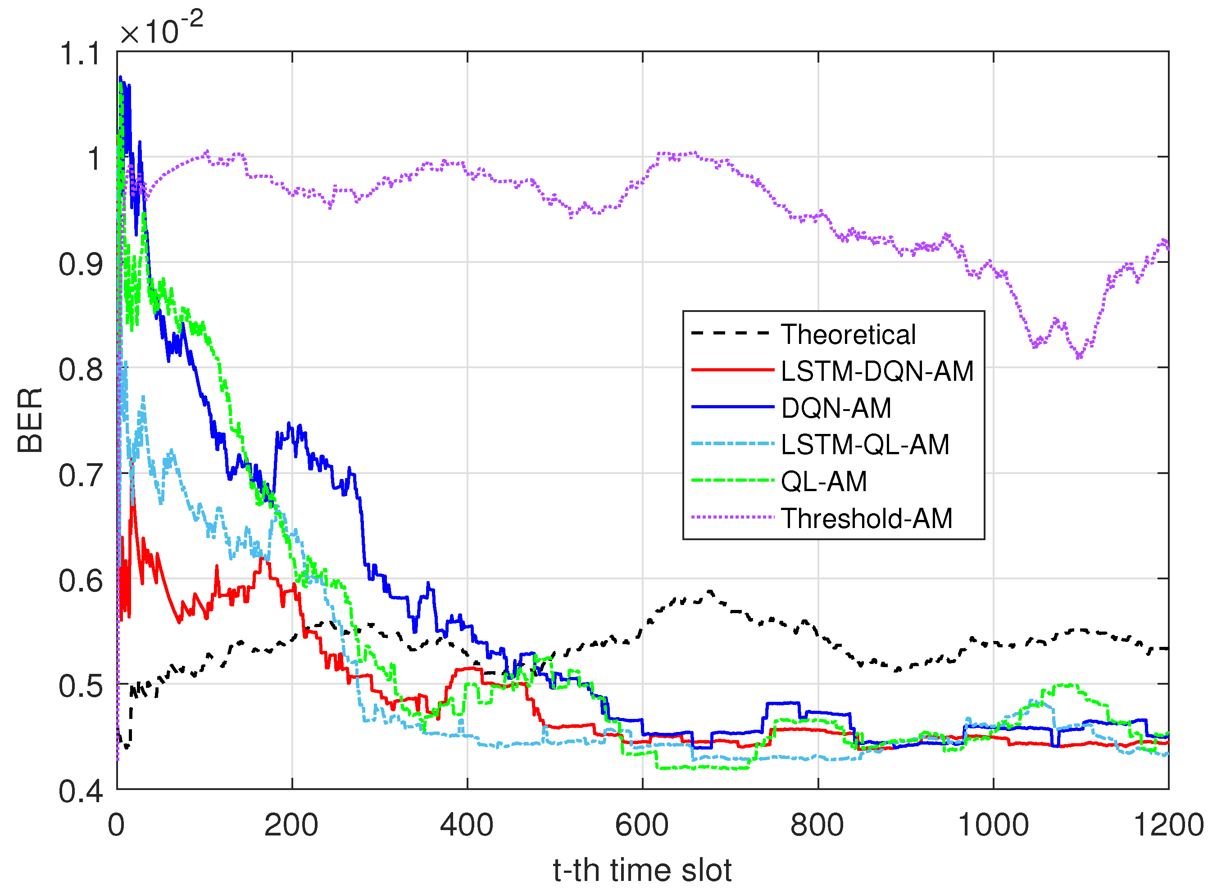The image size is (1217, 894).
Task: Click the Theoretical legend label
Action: pyautogui.click(x=848, y=334)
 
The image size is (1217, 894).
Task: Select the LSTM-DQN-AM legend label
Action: pyautogui.click(x=876, y=371)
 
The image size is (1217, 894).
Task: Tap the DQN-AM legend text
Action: pyautogui.click(x=836, y=408)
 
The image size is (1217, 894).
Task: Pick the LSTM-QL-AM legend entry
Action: pyautogui.click(x=865, y=445)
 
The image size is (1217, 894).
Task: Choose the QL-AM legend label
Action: pyautogui.click(x=823, y=482)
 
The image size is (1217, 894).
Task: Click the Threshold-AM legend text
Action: pyautogui.click(x=866, y=519)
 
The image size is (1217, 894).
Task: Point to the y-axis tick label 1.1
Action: pyautogui.click(x=80, y=54)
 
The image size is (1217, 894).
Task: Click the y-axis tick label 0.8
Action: pyautogui.click(x=80, y=370)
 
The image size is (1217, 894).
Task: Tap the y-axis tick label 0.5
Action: pyautogui.click(x=80, y=686)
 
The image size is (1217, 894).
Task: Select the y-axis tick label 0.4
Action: pyautogui.click(x=80, y=791)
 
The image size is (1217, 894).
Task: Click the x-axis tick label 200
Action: pyautogui.click(x=291, y=825)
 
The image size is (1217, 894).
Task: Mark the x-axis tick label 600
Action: pyautogui.click(x=642, y=825)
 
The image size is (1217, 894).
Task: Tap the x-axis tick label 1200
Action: pyautogui.click(x=1168, y=825)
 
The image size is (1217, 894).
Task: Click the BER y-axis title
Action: pyautogui.click(x=30, y=420)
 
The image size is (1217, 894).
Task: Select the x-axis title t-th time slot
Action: pyautogui.click(x=642, y=871)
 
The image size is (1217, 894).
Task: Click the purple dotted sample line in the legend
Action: pyautogui.click(x=733, y=517)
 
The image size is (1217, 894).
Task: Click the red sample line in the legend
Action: pyautogui.click(x=733, y=370)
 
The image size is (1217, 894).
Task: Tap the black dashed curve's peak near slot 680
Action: pyautogui.click(x=710, y=591)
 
